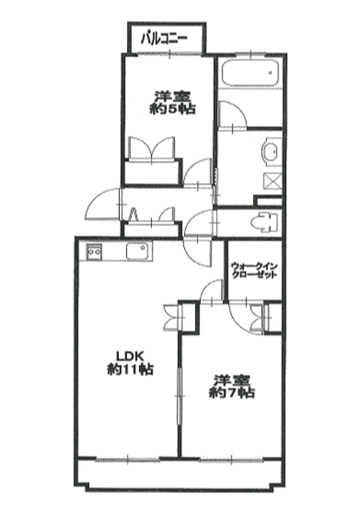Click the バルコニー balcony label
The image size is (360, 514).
164,39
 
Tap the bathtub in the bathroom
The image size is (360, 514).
250,73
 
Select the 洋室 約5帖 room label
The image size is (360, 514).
173,103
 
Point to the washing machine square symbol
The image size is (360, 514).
272,182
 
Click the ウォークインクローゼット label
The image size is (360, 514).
255,270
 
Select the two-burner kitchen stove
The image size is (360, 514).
94,251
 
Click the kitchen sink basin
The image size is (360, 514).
137,252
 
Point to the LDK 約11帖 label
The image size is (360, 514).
130,363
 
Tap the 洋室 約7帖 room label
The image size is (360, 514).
232,385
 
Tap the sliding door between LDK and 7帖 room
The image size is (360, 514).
180,396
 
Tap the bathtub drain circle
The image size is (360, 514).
271,73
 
